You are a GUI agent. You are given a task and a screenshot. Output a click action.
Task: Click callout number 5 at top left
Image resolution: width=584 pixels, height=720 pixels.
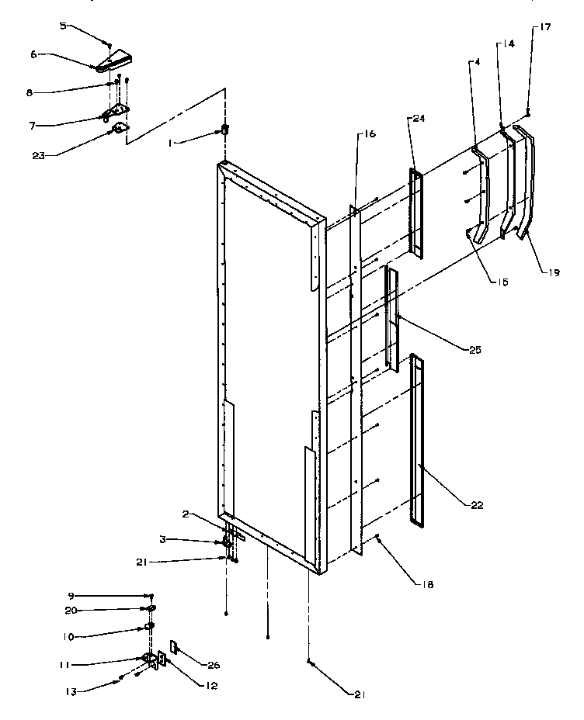click(x=62, y=26)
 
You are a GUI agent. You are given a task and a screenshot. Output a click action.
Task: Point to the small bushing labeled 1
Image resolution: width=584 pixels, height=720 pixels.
click(x=226, y=129)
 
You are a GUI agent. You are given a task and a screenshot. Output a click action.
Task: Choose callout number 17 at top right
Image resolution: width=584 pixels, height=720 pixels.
click(x=542, y=27)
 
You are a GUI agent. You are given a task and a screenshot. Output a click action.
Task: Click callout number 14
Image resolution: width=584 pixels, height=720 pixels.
click(x=508, y=45)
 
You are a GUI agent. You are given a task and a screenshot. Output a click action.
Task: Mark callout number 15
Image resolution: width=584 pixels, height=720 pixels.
click(x=503, y=282)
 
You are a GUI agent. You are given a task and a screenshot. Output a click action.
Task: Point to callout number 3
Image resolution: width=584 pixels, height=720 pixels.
click(x=185, y=540)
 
